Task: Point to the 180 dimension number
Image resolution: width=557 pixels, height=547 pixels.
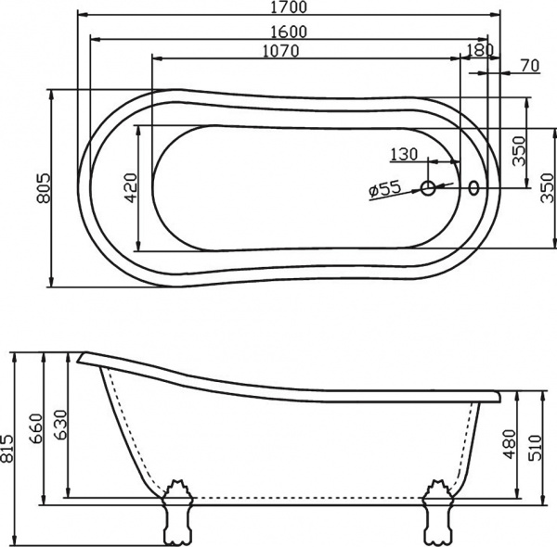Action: click(478, 51)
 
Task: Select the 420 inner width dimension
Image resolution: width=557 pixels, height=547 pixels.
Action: click(130, 188)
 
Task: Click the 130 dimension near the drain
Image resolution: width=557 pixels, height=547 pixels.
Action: click(404, 154)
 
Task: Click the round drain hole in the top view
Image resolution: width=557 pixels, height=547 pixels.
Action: click(429, 188)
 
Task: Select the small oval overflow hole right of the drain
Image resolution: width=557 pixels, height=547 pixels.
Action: click(475, 188)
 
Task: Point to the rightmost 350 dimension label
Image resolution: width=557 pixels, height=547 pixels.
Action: click(546, 188)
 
